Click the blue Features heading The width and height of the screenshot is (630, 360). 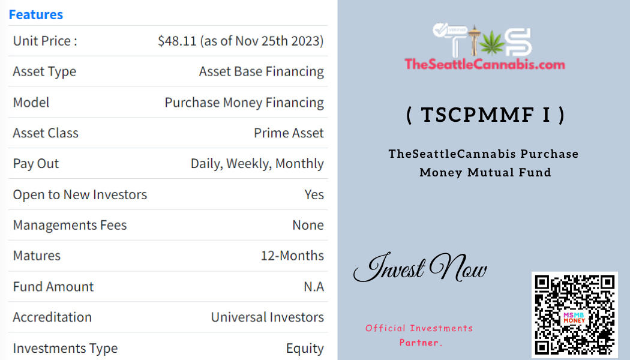pyautogui.click(x=36, y=14)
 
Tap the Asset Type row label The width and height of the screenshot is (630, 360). pyautogui.click(x=44, y=71)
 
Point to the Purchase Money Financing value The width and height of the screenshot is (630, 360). pyautogui.click(x=244, y=103)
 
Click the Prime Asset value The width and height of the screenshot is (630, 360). pyautogui.click(x=289, y=133)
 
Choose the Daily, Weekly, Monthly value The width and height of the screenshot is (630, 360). pyautogui.click(x=257, y=164)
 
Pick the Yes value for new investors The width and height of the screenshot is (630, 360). pyautogui.click(x=314, y=194)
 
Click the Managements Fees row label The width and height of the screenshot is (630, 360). pyautogui.click(x=70, y=225)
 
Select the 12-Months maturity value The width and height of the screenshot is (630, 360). pyautogui.click(x=292, y=256)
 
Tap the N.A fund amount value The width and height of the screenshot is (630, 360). pyautogui.click(x=313, y=286)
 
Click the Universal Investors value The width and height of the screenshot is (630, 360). pyautogui.click(x=267, y=317)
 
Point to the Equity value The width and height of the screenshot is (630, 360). pyautogui.click(x=305, y=349)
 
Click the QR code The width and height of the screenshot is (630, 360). pyautogui.click(x=575, y=315)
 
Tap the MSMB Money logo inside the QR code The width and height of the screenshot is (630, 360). pyautogui.click(x=574, y=317)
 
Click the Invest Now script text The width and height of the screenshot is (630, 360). pyautogui.click(x=420, y=267)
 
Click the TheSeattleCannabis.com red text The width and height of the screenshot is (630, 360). pyautogui.click(x=485, y=64)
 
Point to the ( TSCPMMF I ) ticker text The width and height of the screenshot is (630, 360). pyautogui.click(x=485, y=115)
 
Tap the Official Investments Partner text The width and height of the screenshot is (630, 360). pyautogui.click(x=419, y=335)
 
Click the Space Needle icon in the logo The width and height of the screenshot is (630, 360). pyautogui.click(x=474, y=40)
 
